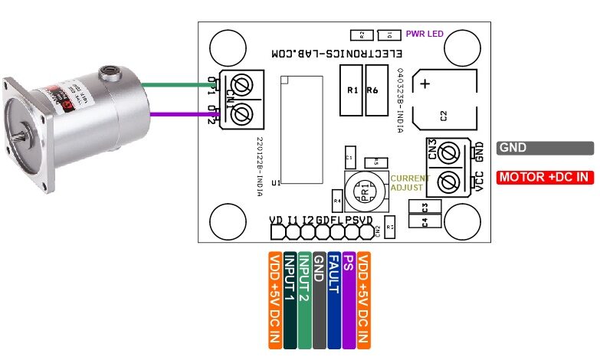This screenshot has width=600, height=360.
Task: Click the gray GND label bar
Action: (545, 149)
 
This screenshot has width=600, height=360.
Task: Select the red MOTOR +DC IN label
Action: (545, 178)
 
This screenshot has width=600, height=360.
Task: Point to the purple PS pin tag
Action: (349, 295)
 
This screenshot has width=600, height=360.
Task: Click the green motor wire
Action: (184, 86)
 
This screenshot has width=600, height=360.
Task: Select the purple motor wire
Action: (184, 115)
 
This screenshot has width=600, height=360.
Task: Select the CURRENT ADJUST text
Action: (410, 182)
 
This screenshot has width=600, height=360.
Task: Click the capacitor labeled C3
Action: (425, 208)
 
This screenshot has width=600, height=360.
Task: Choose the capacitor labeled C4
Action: (425, 221)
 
